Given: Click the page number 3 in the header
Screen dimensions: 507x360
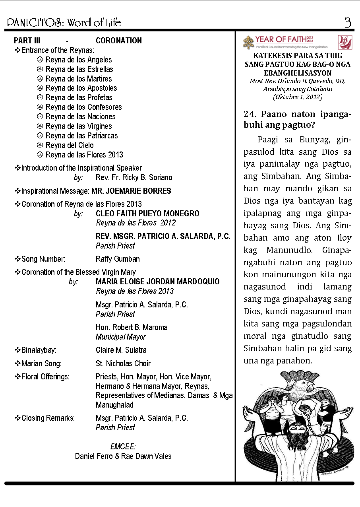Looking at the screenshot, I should (x=348, y=23).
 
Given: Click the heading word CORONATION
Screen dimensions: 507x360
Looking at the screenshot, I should (x=118, y=41).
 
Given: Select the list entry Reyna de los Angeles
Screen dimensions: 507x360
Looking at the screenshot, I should (x=78, y=60).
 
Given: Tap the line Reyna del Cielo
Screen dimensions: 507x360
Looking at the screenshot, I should (x=70, y=145).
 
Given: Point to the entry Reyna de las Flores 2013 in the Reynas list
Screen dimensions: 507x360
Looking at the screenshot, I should (x=84, y=155).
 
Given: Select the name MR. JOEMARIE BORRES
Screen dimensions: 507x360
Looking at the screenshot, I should (x=131, y=191).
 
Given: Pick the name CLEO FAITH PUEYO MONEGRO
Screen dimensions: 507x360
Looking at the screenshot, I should (x=147, y=214).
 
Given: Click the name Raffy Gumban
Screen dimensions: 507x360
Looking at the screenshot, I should (x=118, y=259).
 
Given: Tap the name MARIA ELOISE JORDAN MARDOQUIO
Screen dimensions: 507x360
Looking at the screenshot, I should (x=157, y=282).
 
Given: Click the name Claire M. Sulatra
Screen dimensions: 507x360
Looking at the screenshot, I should (x=121, y=350).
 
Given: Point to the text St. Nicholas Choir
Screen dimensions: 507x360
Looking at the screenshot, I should (x=123, y=363).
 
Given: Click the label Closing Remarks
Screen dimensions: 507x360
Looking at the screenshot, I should (x=48, y=418).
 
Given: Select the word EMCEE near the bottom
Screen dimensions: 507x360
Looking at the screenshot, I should (x=123, y=447).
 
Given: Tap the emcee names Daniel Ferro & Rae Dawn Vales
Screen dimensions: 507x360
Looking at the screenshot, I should (x=123, y=456).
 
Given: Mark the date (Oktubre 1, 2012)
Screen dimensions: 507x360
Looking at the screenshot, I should (x=298, y=97).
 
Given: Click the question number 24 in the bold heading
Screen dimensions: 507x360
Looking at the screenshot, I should (x=250, y=114).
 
